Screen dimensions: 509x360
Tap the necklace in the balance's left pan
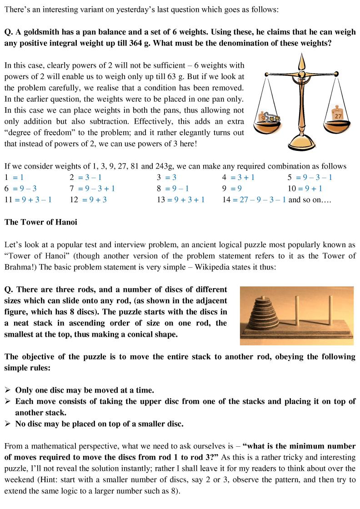273,120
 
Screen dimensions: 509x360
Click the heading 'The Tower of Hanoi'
41,222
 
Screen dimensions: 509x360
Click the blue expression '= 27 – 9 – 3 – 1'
260,200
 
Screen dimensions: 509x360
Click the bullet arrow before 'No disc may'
8,424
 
